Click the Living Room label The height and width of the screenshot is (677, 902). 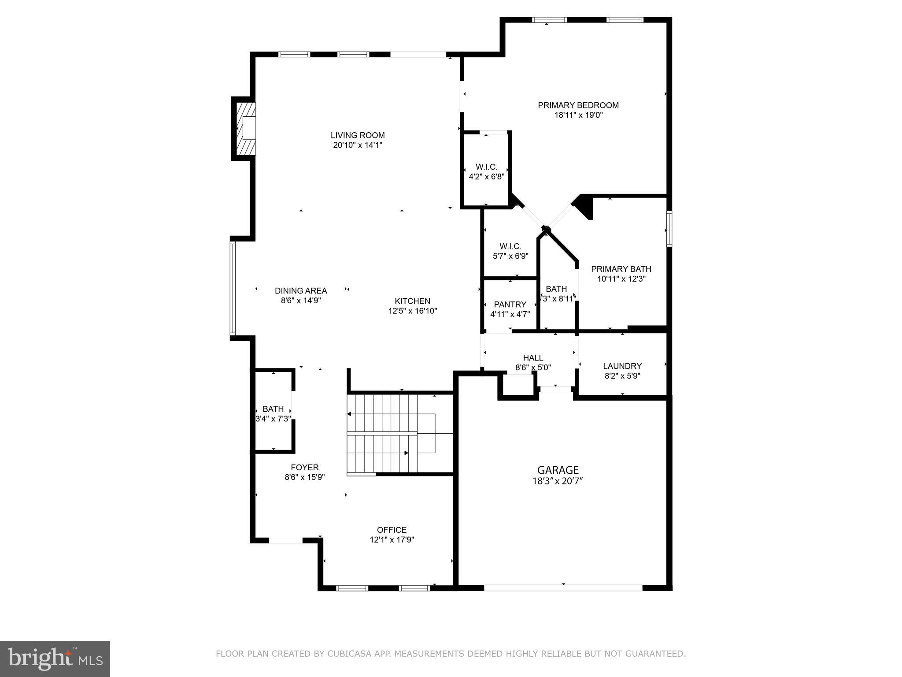pyautogui.click(x=358, y=135)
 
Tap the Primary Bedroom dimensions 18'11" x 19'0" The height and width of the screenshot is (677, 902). pyautogui.click(x=578, y=115)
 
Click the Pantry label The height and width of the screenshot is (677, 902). pyautogui.click(x=510, y=305)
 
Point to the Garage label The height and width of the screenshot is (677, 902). pyautogui.click(x=558, y=470)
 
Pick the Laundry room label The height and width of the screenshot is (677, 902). pyautogui.click(x=622, y=366)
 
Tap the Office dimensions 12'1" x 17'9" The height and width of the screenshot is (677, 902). pyautogui.click(x=392, y=540)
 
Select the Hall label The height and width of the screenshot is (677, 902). pyautogui.click(x=533, y=358)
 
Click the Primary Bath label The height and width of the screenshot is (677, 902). pyautogui.click(x=621, y=269)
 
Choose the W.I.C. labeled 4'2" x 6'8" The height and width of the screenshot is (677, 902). pyautogui.click(x=486, y=172)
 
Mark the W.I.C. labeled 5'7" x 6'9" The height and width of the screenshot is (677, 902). pyautogui.click(x=510, y=251)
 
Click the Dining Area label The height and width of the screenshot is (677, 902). pyautogui.click(x=301, y=291)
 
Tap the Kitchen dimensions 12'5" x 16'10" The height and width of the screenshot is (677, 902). pyautogui.click(x=412, y=311)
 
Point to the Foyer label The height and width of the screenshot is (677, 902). pyautogui.click(x=304, y=468)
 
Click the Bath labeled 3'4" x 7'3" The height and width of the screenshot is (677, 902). pyautogui.click(x=273, y=414)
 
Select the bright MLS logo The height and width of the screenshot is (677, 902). pyautogui.click(x=55, y=658)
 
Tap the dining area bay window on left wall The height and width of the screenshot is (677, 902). pyautogui.click(x=233, y=289)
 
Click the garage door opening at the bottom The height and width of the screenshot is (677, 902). pyautogui.click(x=563, y=588)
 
